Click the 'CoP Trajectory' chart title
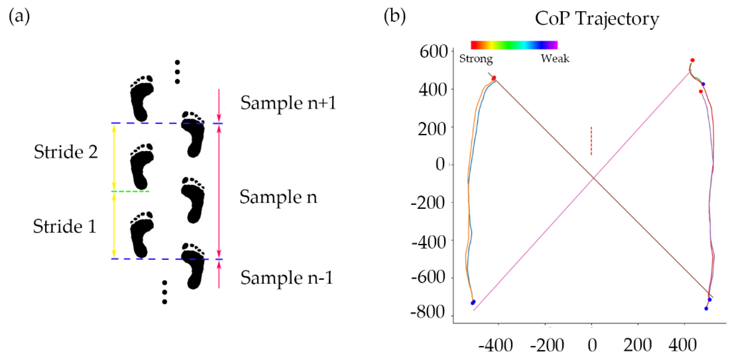click(x=597, y=19)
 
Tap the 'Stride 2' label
click(x=66, y=152)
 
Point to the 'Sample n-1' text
click(x=286, y=278)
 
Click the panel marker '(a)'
click(x=19, y=16)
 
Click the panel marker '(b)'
click(x=394, y=16)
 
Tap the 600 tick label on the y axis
click(x=433, y=52)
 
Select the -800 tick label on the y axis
click(x=427, y=312)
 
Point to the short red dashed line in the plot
click(x=591, y=141)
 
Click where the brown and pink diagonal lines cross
click(x=593, y=178)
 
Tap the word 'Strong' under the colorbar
click(x=476, y=59)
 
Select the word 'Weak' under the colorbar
click(x=555, y=59)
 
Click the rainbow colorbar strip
click(x=514, y=45)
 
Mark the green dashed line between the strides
click(x=130, y=191)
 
